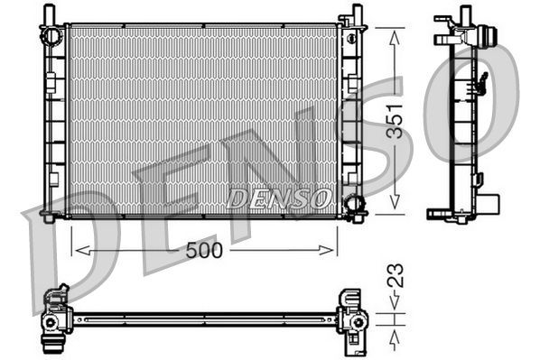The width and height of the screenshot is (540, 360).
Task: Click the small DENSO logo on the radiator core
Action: pyautogui.click(x=280, y=198)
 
